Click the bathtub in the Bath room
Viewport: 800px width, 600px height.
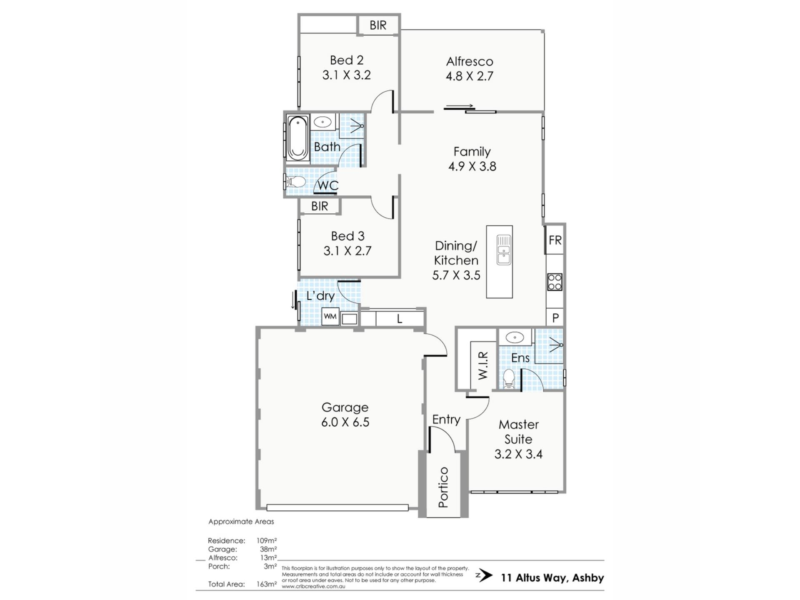[x=297, y=138]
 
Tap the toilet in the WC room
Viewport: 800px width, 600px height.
[x=295, y=182]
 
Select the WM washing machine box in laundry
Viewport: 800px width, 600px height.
[x=330, y=317]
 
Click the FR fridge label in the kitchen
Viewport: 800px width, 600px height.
[x=555, y=240]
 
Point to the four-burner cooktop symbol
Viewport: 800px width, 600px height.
[x=555, y=282]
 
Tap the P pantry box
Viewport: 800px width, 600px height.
[x=555, y=318]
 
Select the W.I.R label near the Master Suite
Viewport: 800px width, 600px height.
[x=482, y=365]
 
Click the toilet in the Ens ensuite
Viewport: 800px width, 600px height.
[x=509, y=379]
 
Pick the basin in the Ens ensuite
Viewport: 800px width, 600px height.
[x=515, y=336]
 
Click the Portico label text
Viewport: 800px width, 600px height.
[x=443, y=487]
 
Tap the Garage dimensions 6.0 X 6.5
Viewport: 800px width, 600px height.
[x=345, y=422]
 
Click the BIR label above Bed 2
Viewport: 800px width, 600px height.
[x=378, y=25]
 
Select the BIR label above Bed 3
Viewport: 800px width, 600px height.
[x=320, y=206]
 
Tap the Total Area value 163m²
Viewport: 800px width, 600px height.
[x=267, y=584]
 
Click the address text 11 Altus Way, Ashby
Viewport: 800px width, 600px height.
[x=552, y=578]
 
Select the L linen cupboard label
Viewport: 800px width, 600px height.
[x=399, y=319]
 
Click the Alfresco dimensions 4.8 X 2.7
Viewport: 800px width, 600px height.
[x=469, y=76]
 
